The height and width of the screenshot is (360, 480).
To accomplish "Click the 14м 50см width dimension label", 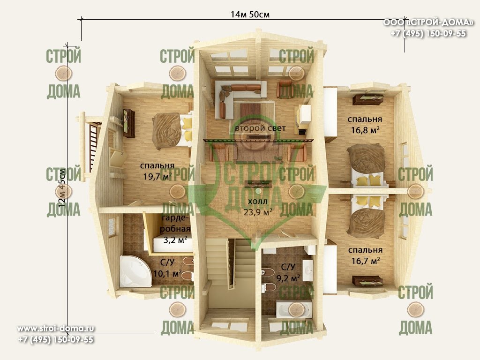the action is pos(250,15).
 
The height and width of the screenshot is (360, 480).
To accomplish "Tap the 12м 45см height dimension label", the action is pos(62,188).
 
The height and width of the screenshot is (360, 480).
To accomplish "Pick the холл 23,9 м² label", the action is pos(258,207).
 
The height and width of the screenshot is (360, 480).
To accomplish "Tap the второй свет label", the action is pos(260,128).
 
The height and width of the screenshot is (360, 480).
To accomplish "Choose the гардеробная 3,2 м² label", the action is pos(175,229).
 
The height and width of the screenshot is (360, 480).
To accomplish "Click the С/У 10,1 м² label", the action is pos(167,268).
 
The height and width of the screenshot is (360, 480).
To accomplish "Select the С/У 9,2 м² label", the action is pos(288,272).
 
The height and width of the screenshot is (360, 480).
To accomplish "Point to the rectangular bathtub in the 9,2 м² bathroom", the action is pos(294,309).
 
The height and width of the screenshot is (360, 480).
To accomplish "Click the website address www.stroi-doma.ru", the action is pos(55,329).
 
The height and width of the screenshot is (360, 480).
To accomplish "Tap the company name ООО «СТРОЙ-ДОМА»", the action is pos(428,22).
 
